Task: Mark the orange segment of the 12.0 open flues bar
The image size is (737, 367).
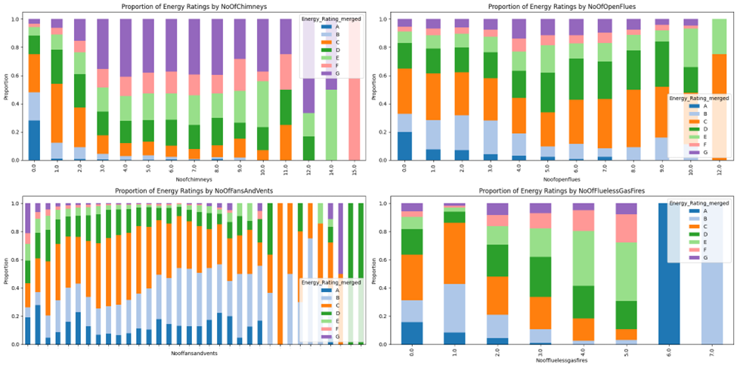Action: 720,106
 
